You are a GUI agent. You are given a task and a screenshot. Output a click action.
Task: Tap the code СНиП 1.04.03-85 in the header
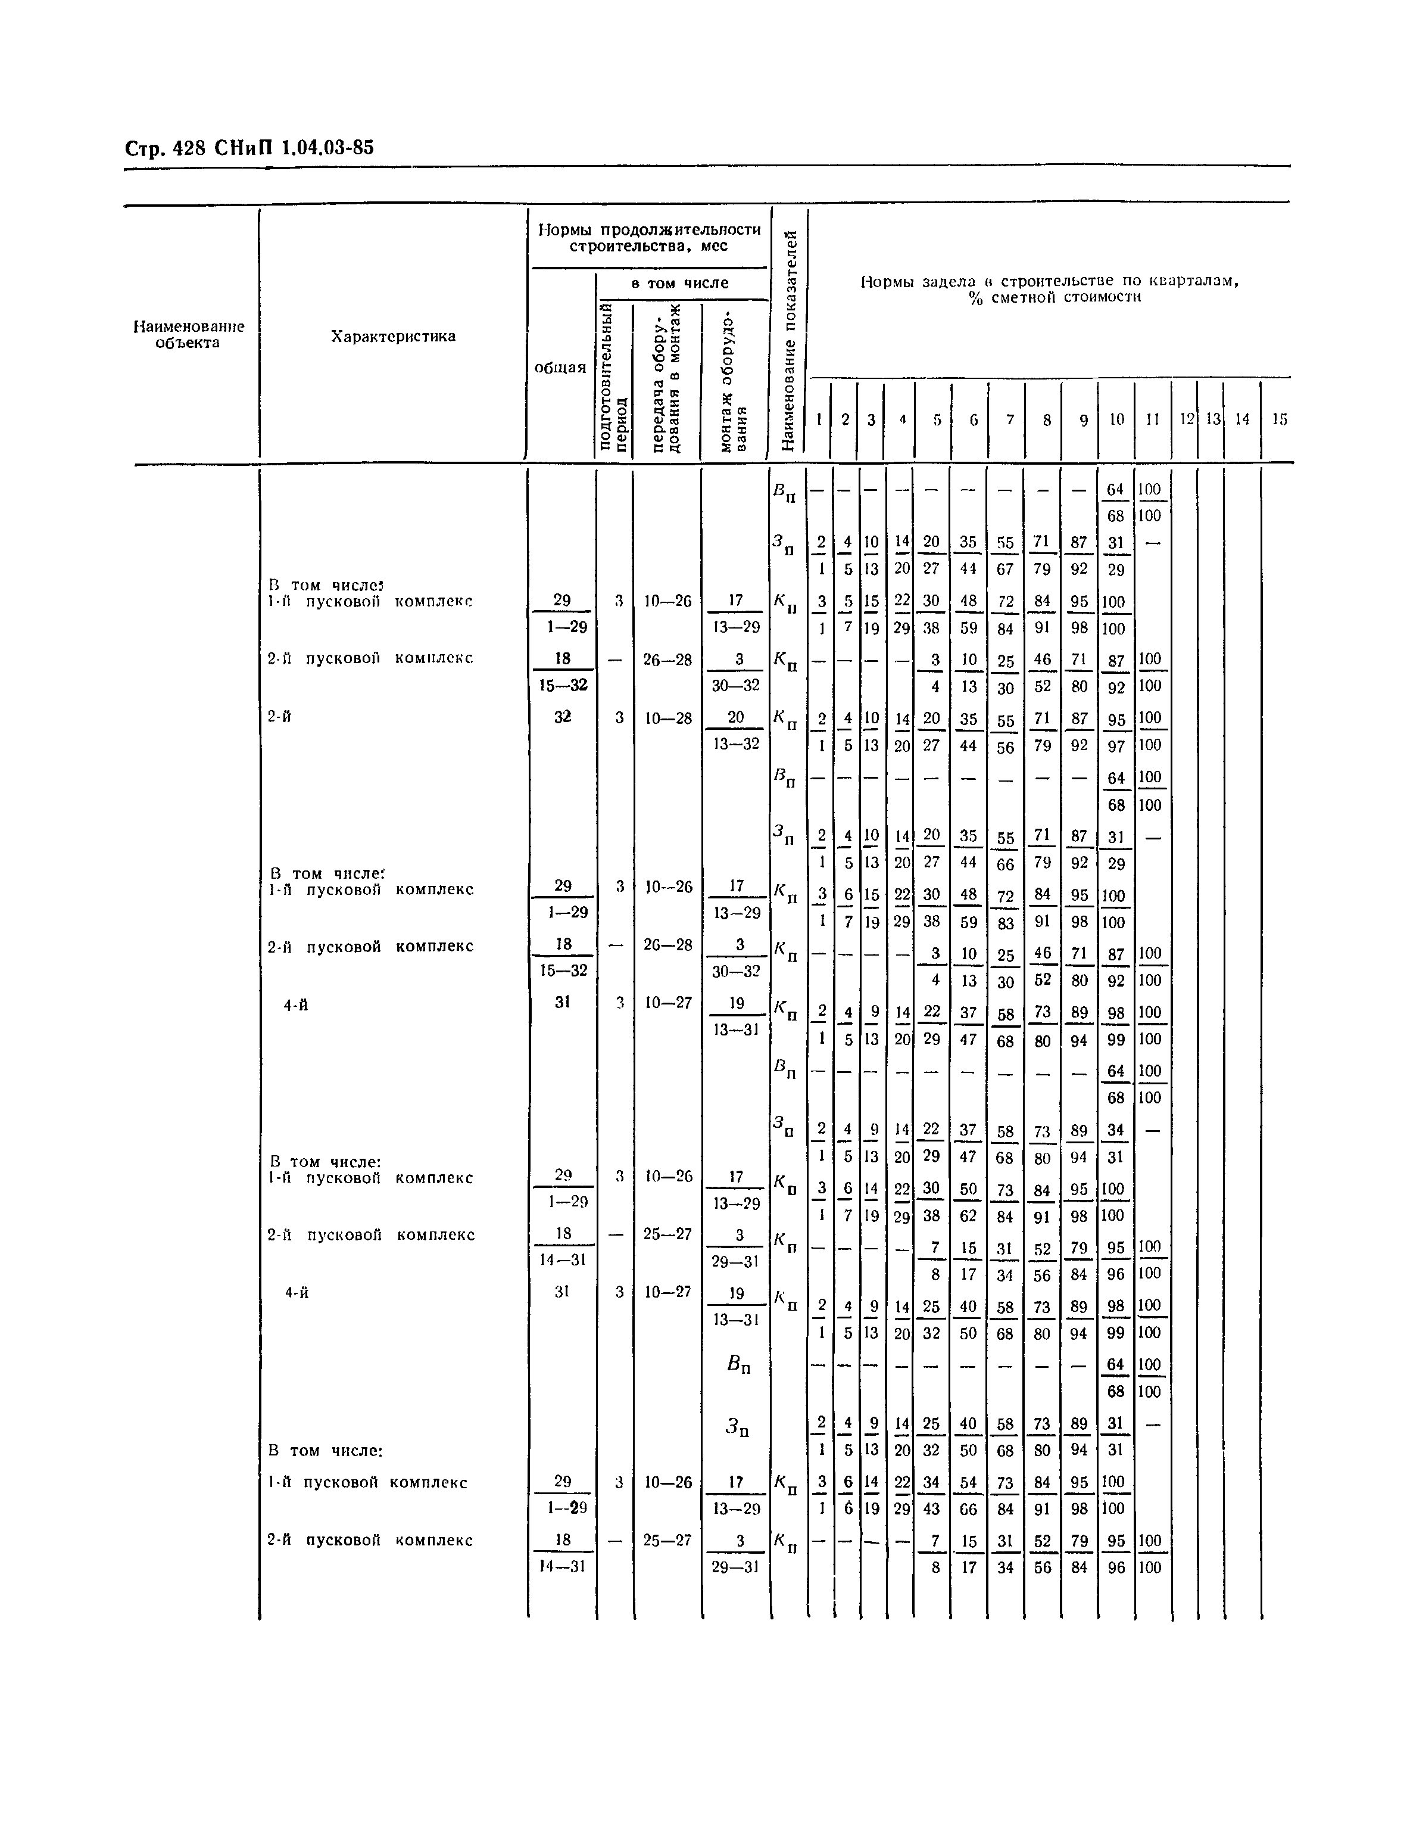point(294,148)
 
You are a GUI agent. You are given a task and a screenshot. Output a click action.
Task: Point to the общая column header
point(560,367)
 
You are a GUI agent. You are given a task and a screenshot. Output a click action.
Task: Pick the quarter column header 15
point(1279,419)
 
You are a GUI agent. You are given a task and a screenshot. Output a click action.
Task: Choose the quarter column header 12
point(1186,419)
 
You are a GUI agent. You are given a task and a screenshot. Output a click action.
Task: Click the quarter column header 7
point(1009,419)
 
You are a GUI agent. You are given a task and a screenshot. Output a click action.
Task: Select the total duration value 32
point(563,716)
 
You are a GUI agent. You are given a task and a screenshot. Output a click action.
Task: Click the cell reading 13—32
point(737,743)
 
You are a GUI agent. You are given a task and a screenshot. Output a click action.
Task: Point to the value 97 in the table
point(1116,745)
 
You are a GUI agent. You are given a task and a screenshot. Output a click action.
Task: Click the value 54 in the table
point(968,1482)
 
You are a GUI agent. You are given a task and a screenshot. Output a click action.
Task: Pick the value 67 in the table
point(1005,570)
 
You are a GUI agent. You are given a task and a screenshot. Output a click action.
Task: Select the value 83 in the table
point(1005,922)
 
